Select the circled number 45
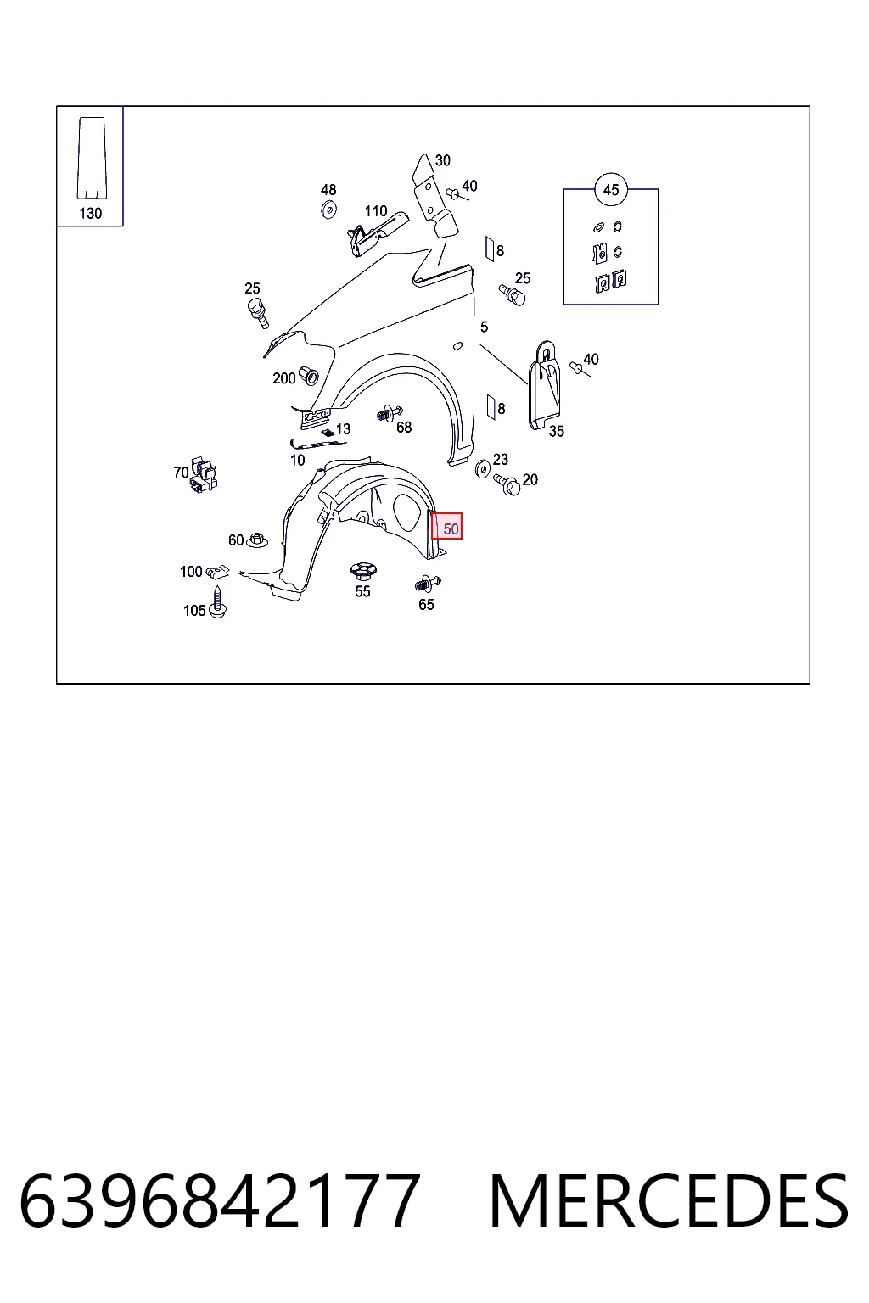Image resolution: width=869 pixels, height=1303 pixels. (610, 190)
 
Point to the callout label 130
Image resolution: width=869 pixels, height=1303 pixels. (90, 214)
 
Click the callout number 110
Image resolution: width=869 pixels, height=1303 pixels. (376, 211)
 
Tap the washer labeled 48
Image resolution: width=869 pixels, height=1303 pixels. (329, 210)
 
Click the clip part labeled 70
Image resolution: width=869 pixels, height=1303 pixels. (203, 475)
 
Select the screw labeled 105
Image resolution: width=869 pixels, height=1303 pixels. (218, 602)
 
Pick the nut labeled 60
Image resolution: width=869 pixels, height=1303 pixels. (256, 540)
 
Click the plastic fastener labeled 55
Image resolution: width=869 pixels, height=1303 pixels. (363, 571)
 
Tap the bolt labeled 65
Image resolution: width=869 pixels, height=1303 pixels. (428, 583)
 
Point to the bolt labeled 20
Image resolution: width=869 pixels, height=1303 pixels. (507, 484)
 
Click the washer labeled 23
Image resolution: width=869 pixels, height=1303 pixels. (483, 469)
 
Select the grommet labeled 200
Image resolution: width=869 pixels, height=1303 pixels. (309, 376)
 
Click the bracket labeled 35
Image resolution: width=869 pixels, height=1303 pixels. (545, 385)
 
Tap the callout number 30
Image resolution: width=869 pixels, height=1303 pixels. (442, 160)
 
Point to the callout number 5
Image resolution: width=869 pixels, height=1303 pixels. (485, 327)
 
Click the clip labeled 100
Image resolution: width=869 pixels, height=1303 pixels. (218, 573)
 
